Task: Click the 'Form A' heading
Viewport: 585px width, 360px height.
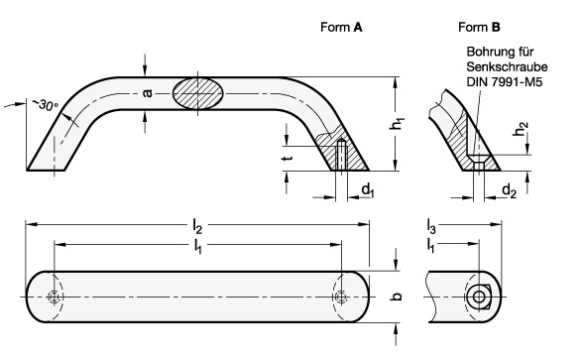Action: click(x=341, y=27)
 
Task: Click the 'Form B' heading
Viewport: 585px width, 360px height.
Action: click(x=479, y=27)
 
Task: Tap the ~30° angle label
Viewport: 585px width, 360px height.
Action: click(x=46, y=105)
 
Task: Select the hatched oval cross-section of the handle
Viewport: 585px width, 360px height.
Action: click(x=197, y=93)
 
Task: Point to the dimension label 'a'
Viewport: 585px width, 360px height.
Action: click(x=148, y=93)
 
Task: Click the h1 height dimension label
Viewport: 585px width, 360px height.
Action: click(x=397, y=124)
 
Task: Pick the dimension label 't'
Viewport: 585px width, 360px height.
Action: click(x=288, y=158)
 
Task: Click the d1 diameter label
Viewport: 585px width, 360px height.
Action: click(x=368, y=189)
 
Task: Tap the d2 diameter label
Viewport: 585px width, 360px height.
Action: click(x=510, y=191)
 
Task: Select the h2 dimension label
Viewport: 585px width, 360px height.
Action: click(x=522, y=129)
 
